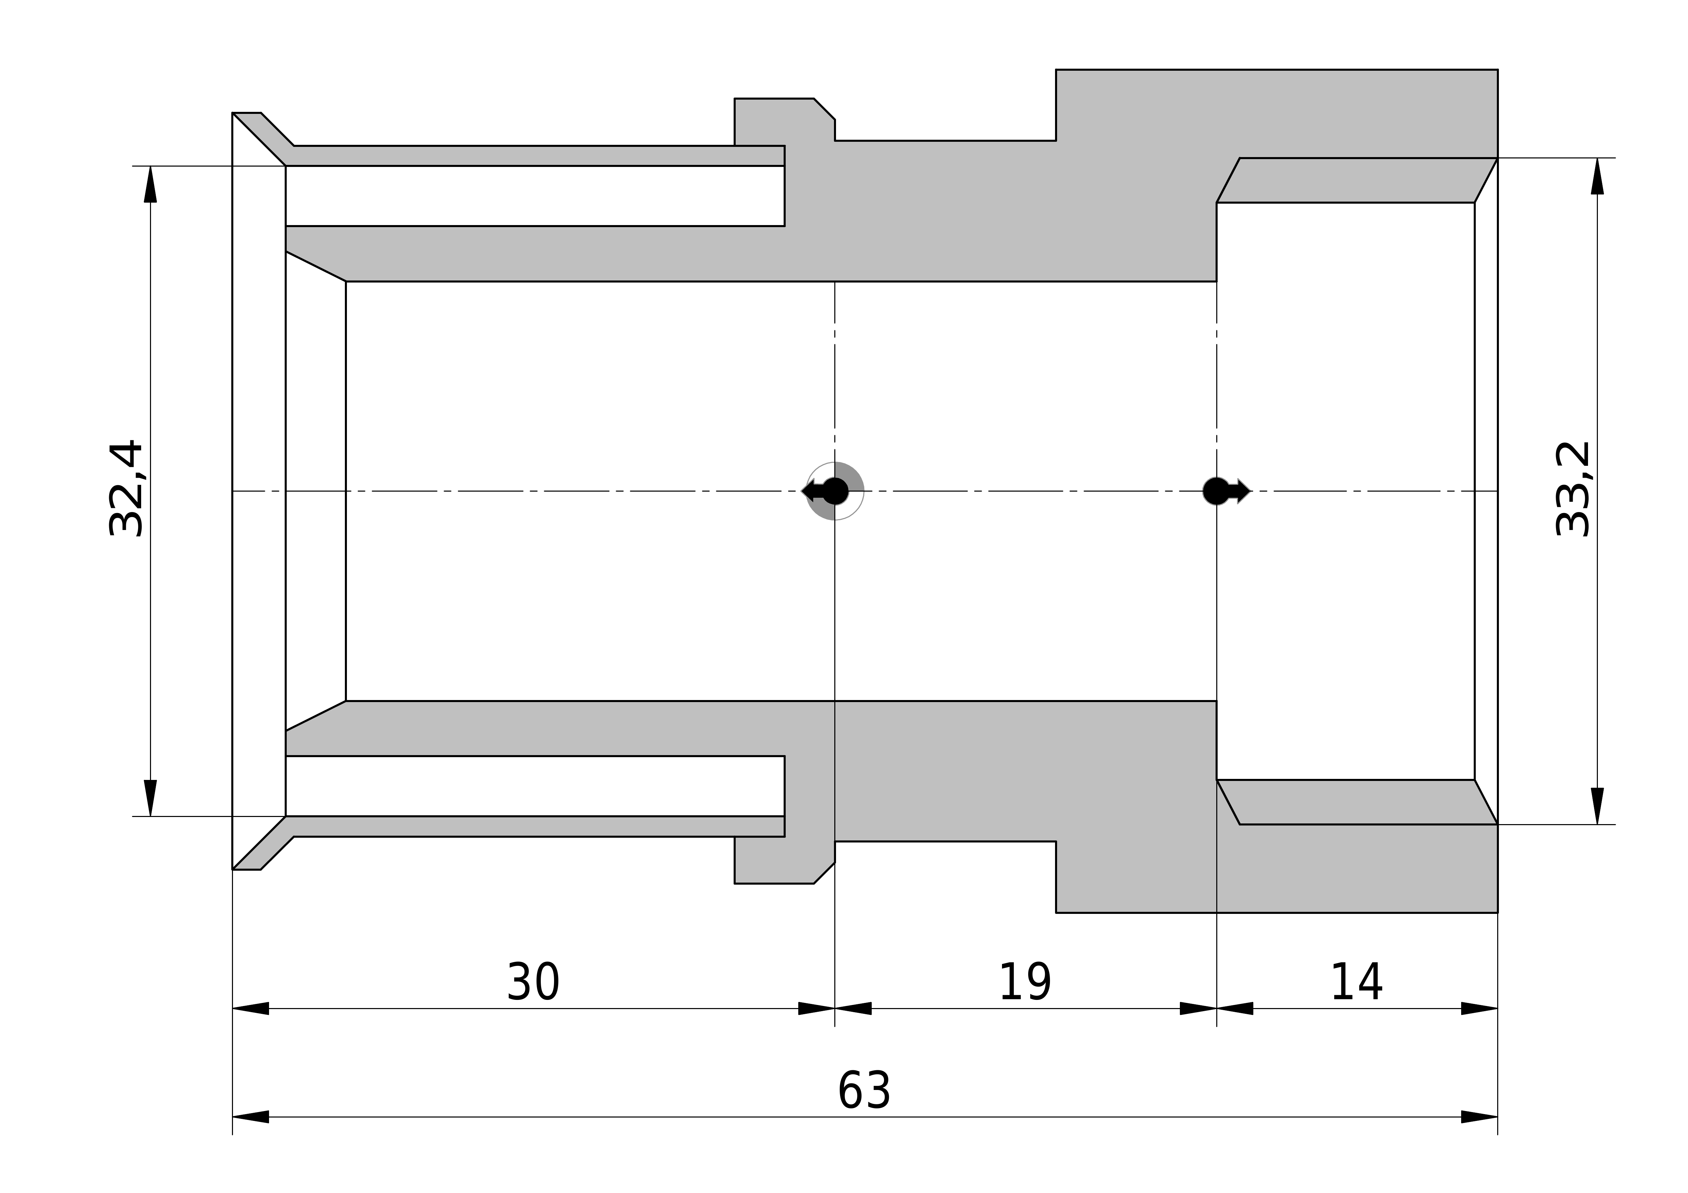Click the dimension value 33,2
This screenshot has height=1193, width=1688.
1574,489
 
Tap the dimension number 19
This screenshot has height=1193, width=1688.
1025,982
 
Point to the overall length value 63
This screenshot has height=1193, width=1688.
865,1091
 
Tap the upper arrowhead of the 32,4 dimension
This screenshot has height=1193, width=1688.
151,184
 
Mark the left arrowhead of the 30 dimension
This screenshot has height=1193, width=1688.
251,1008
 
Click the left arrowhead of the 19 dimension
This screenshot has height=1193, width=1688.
853,1008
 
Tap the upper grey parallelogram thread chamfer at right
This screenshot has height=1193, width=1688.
1357,180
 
